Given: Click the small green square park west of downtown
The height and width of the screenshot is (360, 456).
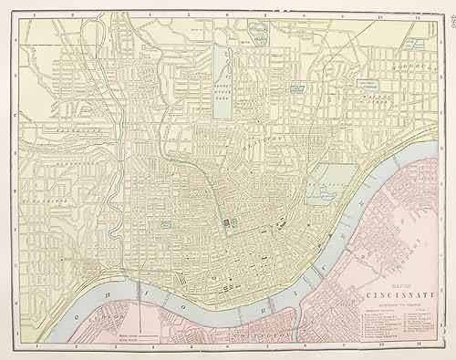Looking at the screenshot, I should tap(166, 223).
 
